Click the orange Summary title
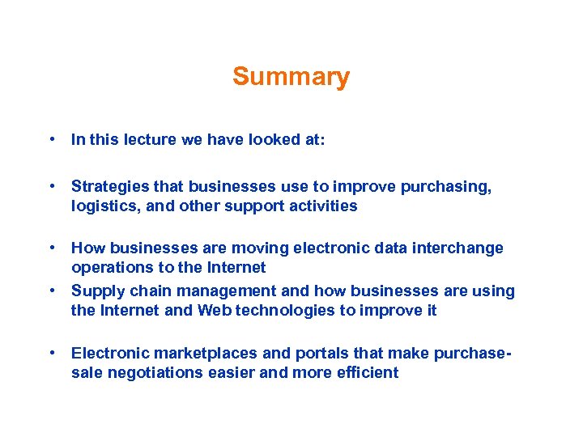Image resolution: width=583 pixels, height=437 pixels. (x=291, y=77)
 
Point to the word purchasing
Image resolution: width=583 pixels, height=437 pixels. (x=452, y=188)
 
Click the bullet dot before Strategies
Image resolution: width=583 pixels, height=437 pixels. (x=51, y=186)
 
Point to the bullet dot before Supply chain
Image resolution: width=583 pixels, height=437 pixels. (x=51, y=289)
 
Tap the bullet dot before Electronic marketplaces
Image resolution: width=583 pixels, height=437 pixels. (x=51, y=352)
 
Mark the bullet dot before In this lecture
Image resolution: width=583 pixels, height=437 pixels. (x=51, y=139)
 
